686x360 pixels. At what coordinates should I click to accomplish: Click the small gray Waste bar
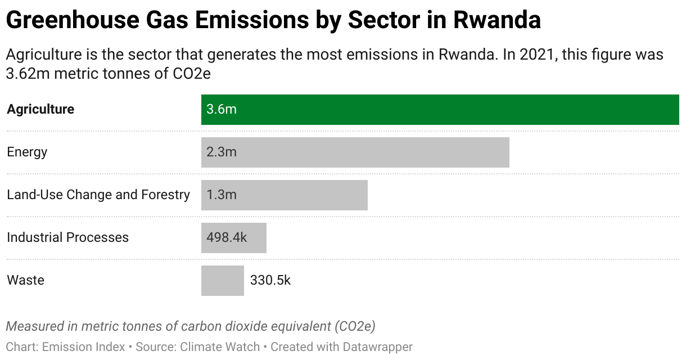222,280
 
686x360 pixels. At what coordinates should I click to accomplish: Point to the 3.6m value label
221,109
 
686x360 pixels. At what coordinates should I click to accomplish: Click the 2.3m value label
221,152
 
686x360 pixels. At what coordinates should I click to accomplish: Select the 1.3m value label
221,195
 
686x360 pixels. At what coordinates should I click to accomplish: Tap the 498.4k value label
227,237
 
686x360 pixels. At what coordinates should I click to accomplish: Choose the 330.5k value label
270,280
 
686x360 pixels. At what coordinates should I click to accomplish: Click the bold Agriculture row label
40,109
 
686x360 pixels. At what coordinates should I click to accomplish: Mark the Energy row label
27,152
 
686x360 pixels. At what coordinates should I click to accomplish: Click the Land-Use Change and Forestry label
98,195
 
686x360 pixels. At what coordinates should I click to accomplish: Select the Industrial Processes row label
67,237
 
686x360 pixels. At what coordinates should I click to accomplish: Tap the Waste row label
25,280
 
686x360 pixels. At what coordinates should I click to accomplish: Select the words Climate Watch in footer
220,346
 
